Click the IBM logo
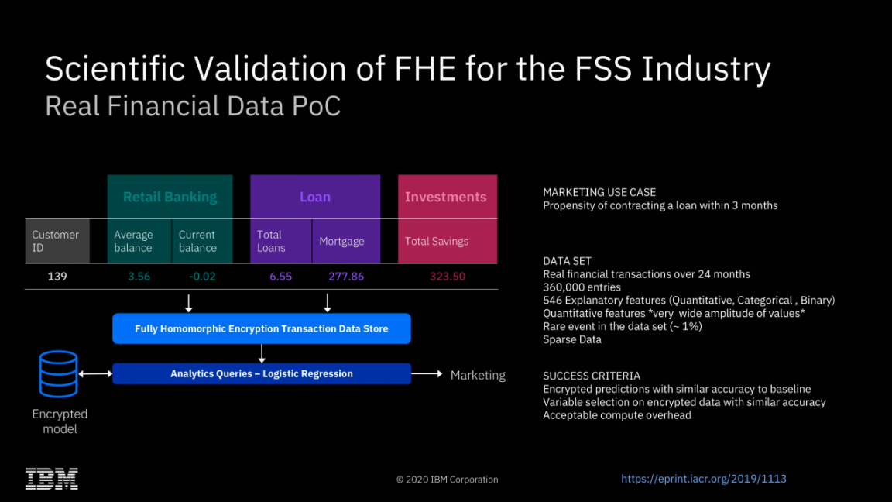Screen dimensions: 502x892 pos(52,478)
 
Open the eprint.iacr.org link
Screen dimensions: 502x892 pos(703,479)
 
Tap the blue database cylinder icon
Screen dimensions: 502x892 pos(59,374)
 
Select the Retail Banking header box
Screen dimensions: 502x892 pos(170,197)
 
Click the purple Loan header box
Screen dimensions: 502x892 pos(315,197)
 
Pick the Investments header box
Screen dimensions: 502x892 pos(447,197)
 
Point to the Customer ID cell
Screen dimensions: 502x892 pos(57,241)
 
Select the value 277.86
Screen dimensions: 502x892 pos(345,277)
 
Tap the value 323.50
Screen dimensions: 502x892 pos(447,277)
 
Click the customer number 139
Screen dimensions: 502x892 pos(57,277)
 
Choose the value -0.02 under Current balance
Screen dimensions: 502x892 pos(202,277)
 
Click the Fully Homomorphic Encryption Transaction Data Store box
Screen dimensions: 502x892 pos(262,328)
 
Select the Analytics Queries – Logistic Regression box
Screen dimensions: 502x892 pos(262,373)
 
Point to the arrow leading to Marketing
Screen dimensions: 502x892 pos(427,374)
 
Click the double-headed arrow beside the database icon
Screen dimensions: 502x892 pos(96,374)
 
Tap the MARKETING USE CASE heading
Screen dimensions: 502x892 pos(599,192)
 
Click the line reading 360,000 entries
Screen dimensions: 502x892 pos(582,287)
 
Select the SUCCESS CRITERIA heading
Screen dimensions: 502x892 pos(592,376)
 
